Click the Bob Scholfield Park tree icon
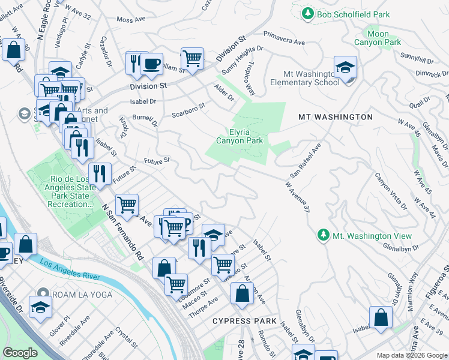(x=308, y=13)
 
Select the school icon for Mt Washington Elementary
(x=346, y=68)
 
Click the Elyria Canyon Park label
(x=238, y=136)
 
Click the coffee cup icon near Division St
(x=151, y=64)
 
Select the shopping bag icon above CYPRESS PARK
(x=243, y=294)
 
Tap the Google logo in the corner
(x=20, y=353)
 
